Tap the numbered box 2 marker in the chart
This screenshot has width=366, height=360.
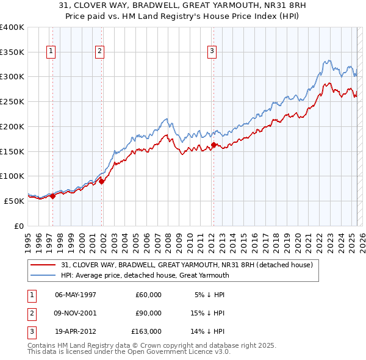click(x=99, y=52)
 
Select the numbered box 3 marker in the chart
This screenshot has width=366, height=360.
click(x=211, y=52)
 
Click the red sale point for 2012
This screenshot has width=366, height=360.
click(x=213, y=145)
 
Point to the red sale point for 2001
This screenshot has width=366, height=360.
click(x=102, y=181)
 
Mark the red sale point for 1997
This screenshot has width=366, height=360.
click(x=52, y=195)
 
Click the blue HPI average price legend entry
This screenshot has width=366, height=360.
click(x=145, y=275)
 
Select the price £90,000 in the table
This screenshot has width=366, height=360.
click(x=148, y=314)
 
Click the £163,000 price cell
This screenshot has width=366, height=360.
click(x=146, y=333)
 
